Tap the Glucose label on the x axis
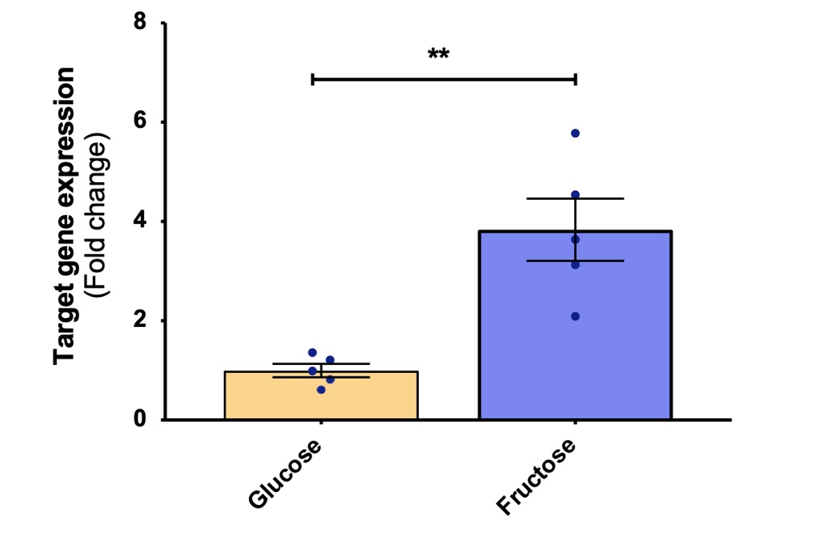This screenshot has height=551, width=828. click(x=285, y=475)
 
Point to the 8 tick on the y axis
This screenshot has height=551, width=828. click(x=140, y=23)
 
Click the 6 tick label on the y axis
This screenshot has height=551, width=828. click(x=140, y=122)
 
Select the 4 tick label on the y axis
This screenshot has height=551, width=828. click(x=140, y=221)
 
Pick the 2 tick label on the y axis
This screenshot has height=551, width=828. click(x=140, y=320)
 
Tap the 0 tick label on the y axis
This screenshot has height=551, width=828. click(x=140, y=419)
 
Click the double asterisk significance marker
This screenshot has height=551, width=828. click(x=438, y=55)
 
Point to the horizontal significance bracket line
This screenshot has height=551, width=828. click(x=443, y=78)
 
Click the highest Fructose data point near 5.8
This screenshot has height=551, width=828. click(x=575, y=133)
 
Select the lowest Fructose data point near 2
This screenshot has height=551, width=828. click(x=575, y=316)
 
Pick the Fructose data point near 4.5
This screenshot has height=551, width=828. click(x=575, y=195)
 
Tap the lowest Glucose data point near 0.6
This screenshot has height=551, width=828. click(x=321, y=390)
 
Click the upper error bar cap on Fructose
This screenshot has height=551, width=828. click(x=575, y=198)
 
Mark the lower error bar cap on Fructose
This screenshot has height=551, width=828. click(x=575, y=261)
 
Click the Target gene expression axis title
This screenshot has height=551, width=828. click(x=65, y=216)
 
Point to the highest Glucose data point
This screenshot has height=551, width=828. click(x=312, y=353)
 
